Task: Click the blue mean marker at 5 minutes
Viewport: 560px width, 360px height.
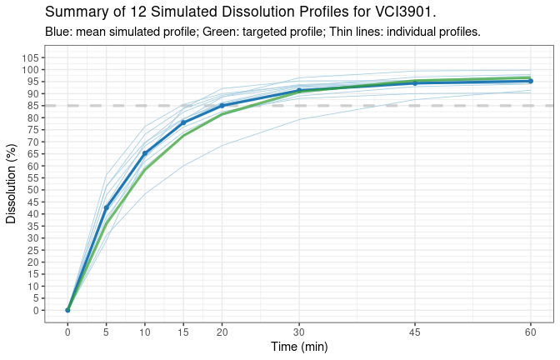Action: (x=106, y=207)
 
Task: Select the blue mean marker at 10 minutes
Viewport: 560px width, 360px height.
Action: (x=145, y=153)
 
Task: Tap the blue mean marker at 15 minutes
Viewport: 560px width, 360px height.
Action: (x=183, y=122)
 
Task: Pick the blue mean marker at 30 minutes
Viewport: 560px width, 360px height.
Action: (x=299, y=90)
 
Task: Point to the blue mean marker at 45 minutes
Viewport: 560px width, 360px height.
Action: (x=415, y=83)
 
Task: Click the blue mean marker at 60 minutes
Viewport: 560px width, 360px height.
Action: (x=531, y=81)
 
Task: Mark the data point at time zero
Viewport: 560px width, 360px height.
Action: (x=67, y=310)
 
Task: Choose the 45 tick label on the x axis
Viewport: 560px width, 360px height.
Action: (x=415, y=332)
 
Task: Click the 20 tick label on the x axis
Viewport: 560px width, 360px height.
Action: (x=222, y=332)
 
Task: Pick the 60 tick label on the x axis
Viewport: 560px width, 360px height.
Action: (x=531, y=332)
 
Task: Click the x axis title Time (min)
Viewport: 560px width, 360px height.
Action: (x=299, y=347)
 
